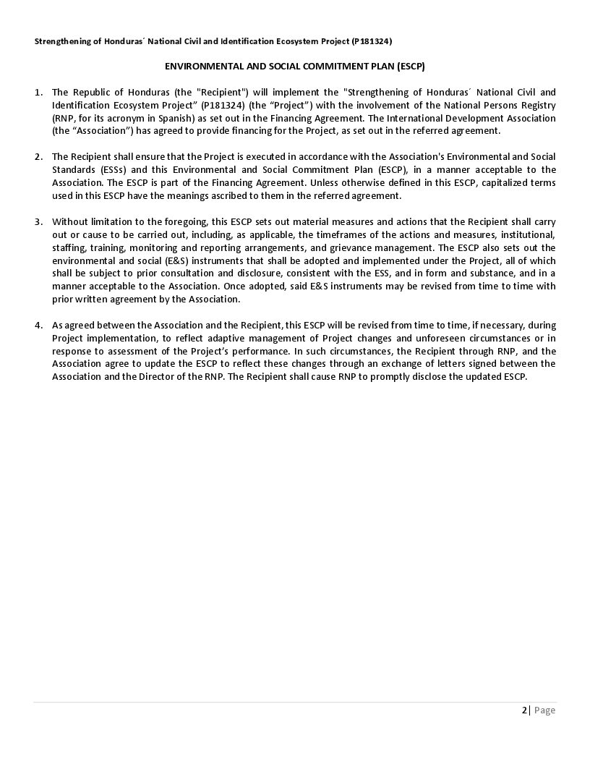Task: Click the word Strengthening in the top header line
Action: click(64, 41)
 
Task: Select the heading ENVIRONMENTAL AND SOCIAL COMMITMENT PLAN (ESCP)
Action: click(294, 66)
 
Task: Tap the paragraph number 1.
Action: click(38, 92)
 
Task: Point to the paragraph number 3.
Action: click(38, 222)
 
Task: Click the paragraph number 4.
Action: click(38, 326)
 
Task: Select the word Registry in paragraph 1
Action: click(537, 105)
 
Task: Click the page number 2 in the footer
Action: click(524, 710)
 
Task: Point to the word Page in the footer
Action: click(544, 710)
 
